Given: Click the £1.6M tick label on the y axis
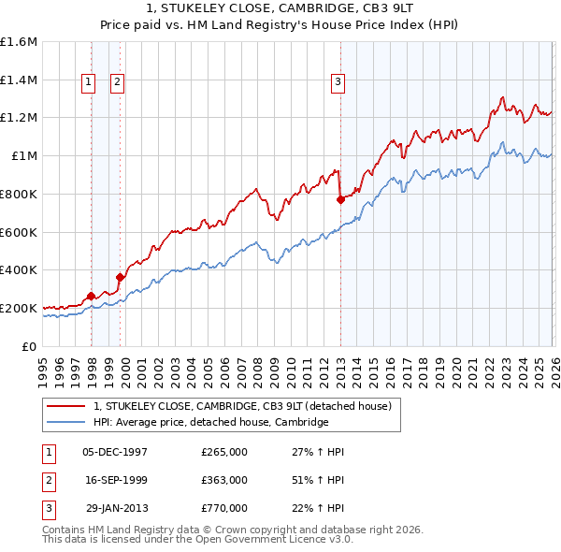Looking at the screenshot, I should (x=19, y=42).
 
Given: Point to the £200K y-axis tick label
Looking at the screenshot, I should (x=19, y=308).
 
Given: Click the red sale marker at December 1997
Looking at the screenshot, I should (x=91, y=296).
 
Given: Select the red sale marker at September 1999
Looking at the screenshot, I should (x=120, y=277).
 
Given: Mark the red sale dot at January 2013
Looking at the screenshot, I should (x=340, y=199).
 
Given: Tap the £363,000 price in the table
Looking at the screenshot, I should (x=224, y=480).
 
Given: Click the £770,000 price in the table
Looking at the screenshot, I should (x=224, y=508).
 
